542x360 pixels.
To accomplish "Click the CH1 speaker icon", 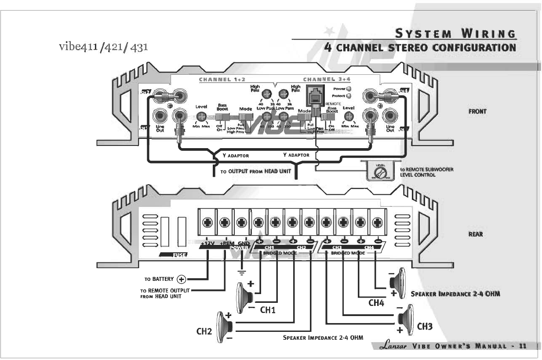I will click(244, 298).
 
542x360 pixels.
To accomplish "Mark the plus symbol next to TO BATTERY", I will click(181, 279).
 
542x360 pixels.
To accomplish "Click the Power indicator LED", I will click(349, 89).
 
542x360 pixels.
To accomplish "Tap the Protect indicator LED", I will click(349, 96).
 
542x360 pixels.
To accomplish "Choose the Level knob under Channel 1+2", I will click(201, 116).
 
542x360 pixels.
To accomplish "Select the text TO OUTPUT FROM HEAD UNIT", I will click(256, 171).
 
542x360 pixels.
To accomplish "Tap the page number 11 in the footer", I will click(523, 346).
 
